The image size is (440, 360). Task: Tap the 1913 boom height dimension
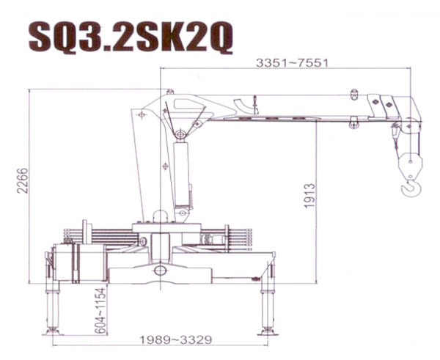(310, 196)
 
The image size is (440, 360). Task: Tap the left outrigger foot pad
(52, 331)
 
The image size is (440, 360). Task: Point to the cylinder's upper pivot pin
(180, 133)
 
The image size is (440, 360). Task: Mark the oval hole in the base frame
(160, 271)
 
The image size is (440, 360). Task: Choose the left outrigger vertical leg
(52, 304)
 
